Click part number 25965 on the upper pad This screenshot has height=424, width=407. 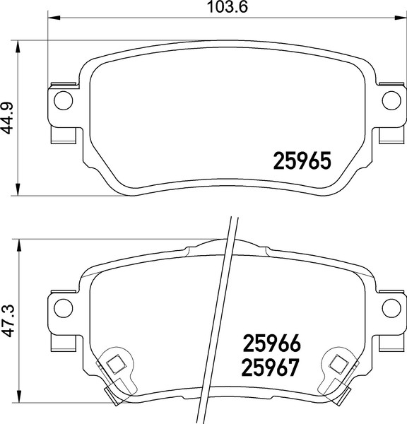pyautogui.click(x=302, y=161)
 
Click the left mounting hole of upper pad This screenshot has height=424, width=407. pyautogui.click(x=63, y=100)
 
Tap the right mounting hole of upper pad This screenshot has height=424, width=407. pyautogui.click(x=391, y=100)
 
